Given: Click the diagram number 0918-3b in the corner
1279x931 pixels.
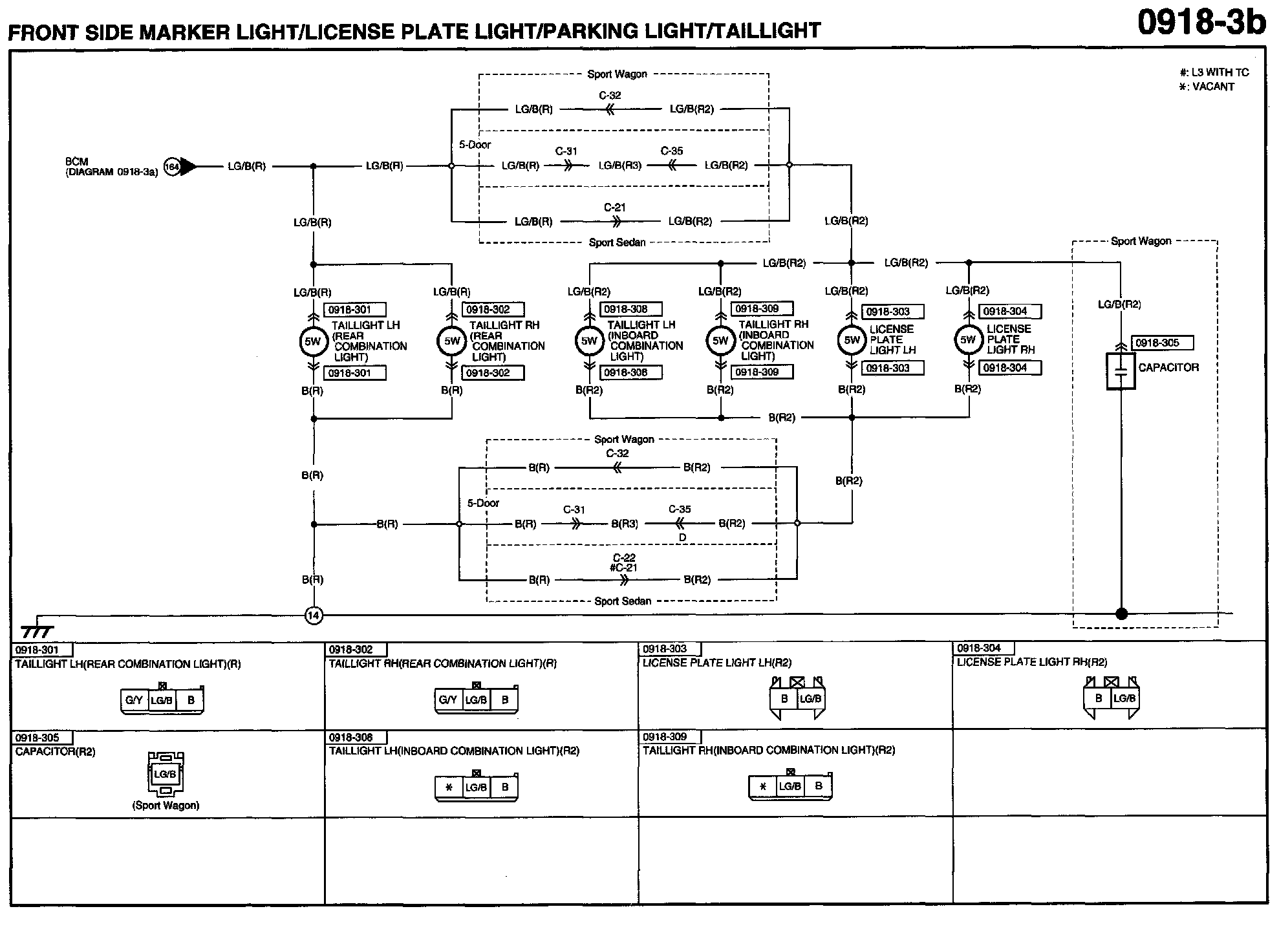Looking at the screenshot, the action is (1201, 23).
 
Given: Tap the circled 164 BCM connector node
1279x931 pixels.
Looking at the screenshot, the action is (172, 167).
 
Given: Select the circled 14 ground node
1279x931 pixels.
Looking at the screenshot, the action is (314, 615).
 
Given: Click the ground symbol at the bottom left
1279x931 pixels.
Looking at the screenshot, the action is (37, 630).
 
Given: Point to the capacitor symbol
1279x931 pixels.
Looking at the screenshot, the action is (1121, 370).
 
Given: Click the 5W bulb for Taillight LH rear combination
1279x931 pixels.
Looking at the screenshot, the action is (314, 341).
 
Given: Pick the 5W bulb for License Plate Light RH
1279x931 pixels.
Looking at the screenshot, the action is (968, 340).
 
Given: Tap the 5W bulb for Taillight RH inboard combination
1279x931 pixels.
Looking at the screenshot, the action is (720, 341).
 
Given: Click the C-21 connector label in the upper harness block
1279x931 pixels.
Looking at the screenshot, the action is (614, 208).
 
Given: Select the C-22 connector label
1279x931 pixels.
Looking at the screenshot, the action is (624, 557).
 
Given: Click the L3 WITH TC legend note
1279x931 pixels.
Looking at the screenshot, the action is (1214, 72).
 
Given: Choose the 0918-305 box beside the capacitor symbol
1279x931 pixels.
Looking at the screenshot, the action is (1162, 343).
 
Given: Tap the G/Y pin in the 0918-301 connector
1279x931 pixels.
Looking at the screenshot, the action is (134, 700).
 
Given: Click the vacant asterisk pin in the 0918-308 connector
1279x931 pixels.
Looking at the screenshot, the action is (449, 787).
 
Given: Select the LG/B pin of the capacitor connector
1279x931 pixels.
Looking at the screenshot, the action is (165, 774).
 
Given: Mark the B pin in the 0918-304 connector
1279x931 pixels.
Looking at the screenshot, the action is (1098, 698).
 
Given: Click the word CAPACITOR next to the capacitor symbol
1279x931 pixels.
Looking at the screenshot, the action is (1168, 367).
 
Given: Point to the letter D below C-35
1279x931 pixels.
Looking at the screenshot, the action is (682, 537).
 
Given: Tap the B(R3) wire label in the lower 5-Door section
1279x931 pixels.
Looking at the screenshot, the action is (625, 524).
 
